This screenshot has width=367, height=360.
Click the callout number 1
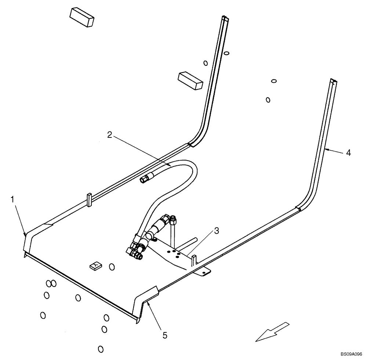pyautogui.click(x=13, y=199)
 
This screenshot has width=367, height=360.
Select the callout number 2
pyautogui.click(x=110, y=135)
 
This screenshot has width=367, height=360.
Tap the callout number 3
pyautogui.click(x=217, y=231)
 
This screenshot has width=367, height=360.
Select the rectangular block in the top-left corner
pyautogui.click(x=82, y=17)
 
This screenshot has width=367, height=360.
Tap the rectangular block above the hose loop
pyautogui.click(x=190, y=80)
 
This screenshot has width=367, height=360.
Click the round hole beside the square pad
pyautogui.click(x=112, y=267)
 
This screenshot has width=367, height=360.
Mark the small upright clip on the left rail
pyautogui.click(x=89, y=199)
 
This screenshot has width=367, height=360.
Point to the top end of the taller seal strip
pyautogui.click(x=224, y=18)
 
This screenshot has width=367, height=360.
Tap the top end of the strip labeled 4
pyautogui.click(x=333, y=82)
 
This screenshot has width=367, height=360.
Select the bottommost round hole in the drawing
pyautogui.click(x=101, y=349)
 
